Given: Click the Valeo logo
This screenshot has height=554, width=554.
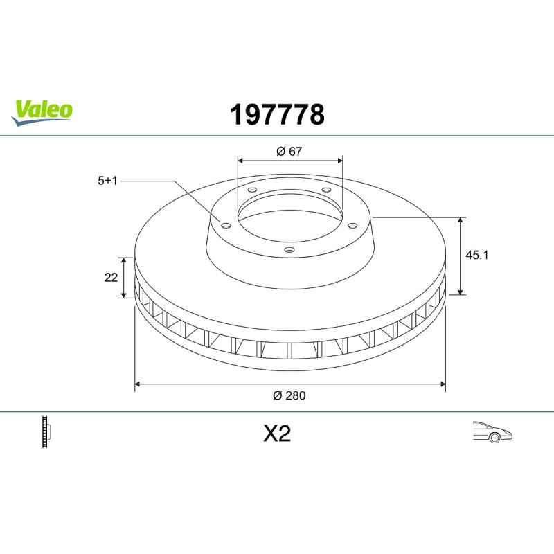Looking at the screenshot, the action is pos(42,112).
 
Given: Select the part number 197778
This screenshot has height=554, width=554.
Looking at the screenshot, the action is pos(277,114).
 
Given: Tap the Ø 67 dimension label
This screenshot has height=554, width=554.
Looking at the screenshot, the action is pos(289,151).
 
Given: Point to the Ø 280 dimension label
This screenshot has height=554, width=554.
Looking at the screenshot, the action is pos(289,395).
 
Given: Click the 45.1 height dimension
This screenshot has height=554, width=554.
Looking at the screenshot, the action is pos(476,255).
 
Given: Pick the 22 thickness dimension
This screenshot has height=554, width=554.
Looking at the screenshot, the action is pos(111,278).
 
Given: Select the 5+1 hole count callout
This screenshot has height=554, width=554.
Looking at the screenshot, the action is pos(107,181).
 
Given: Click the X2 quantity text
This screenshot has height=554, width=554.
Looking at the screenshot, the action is pos(277,434).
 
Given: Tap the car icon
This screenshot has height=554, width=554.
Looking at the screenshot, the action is pos(492,431).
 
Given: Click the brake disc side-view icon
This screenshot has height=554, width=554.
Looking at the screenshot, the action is pos(46,431).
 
